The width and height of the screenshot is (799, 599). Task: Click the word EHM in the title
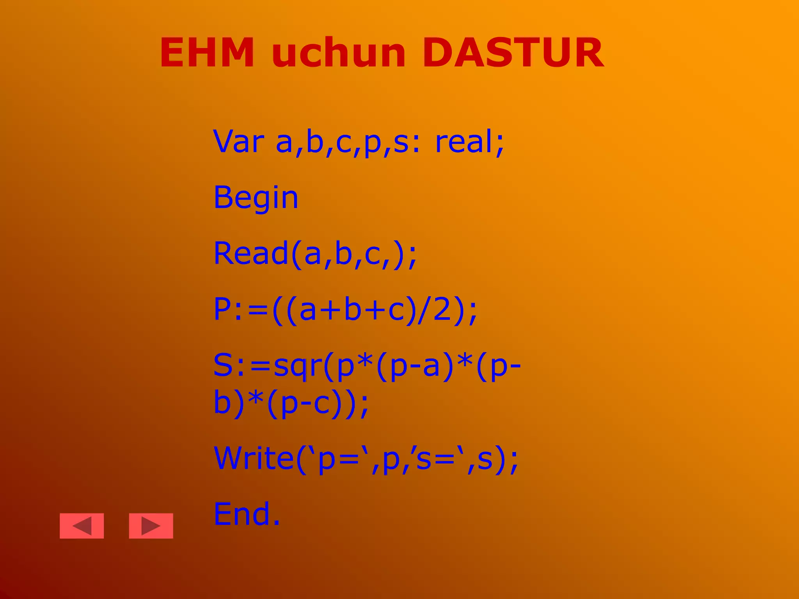(207, 53)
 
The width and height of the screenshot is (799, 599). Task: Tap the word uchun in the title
(339, 53)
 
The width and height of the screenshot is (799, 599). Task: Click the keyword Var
(239, 141)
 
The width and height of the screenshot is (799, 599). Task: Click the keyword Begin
(256, 198)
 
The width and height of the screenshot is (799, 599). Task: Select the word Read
(251, 253)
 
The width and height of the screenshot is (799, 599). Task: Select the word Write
(254, 458)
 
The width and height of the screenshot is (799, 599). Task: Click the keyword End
(242, 514)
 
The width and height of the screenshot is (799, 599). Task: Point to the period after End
(276, 523)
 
